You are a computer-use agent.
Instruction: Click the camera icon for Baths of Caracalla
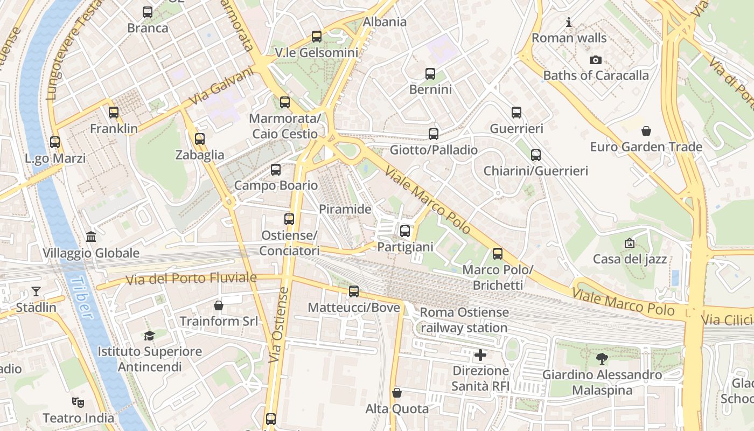(x=595, y=60)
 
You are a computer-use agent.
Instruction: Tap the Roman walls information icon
(x=569, y=23)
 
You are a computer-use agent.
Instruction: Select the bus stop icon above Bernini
(x=430, y=74)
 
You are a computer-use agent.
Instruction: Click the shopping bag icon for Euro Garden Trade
(x=646, y=131)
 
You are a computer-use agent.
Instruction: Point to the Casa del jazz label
(x=630, y=259)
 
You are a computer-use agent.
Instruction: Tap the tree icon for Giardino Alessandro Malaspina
(x=602, y=358)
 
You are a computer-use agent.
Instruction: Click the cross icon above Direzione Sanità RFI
(x=480, y=355)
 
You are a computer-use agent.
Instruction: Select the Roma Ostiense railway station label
(x=464, y=320)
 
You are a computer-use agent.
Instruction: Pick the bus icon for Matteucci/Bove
(x=353, y=291)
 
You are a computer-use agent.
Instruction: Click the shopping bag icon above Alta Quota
(x=397, y=393)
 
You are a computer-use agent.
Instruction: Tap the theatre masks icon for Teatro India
(x=78, y=402)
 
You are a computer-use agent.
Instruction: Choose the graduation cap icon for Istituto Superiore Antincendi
(x=149, y=336)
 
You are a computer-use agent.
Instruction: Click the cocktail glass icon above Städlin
(x=36, y=291)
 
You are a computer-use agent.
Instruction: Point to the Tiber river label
(x=82, y=297)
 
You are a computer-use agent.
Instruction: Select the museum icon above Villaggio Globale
(x=91, y=237)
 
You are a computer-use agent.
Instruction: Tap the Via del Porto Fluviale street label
(x=191, y=279)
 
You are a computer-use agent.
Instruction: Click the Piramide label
(x=345, y=209)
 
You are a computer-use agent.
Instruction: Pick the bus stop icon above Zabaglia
(x=199, y=139)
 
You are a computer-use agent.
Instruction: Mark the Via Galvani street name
(x=221, y=86)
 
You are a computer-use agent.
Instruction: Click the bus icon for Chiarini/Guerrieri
(x=535, y=155)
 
